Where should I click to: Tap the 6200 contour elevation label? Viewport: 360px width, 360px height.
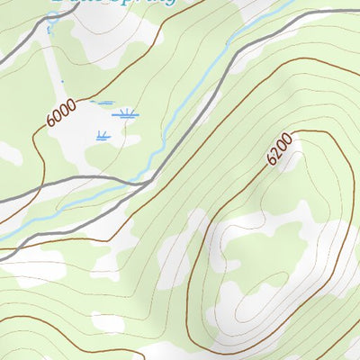coord(280,148)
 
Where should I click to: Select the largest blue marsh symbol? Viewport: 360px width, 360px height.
coord(125,113)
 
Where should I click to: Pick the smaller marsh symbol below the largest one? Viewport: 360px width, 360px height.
coord(102,136)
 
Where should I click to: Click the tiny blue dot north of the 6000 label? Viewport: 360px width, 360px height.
coord(63,83)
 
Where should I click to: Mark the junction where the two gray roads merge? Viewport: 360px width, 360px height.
coord(144,184)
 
